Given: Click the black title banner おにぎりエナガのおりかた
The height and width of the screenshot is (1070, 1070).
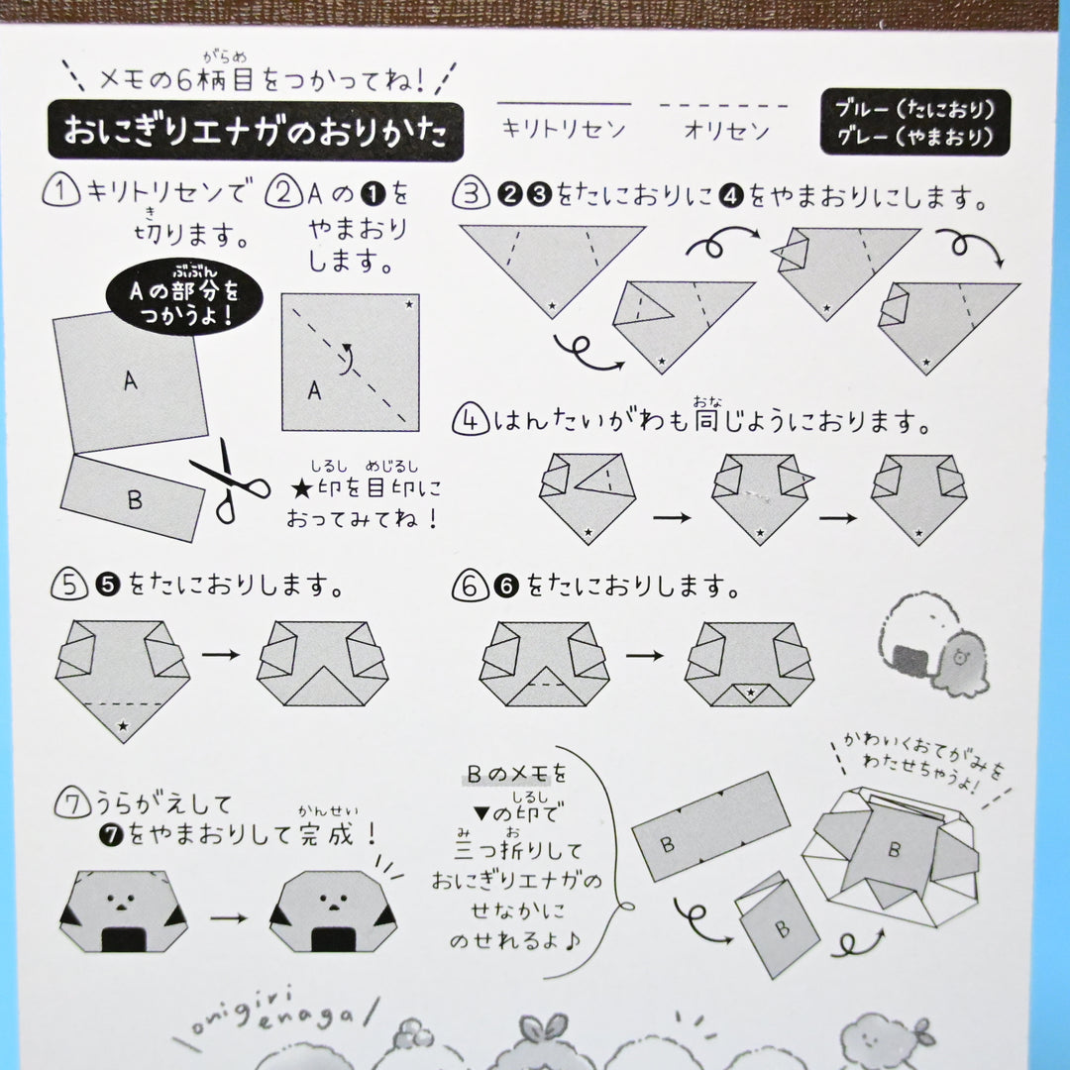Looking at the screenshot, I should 256,131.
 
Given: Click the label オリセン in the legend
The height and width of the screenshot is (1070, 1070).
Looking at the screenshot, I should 725,130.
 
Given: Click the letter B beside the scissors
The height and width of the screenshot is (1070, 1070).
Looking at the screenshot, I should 134,499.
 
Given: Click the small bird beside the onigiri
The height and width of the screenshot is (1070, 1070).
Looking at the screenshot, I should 958,659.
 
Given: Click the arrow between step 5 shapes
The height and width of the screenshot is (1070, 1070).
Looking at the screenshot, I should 222,655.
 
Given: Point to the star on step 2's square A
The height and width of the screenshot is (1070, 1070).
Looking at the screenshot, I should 407,304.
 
